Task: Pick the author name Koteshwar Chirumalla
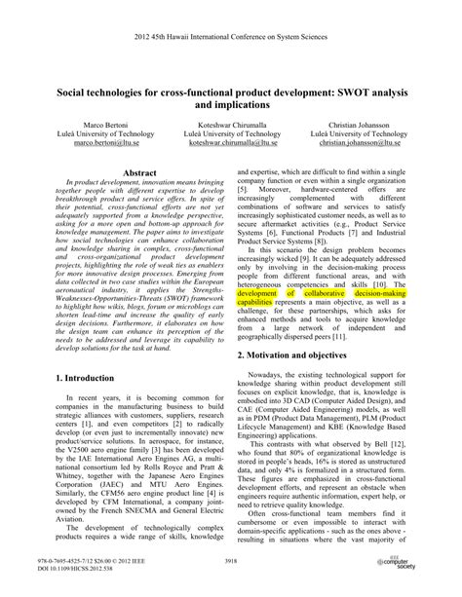[231, 126]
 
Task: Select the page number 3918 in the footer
[231, 562]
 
